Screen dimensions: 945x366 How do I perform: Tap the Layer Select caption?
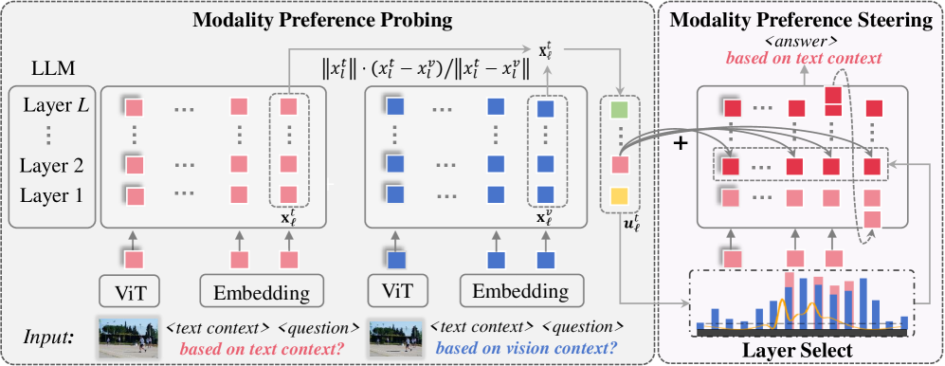tap(801, 350)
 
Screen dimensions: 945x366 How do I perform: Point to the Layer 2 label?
tap(52, 165)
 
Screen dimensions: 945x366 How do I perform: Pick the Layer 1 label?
tap(52, 195)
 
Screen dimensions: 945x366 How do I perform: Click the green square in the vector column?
tap(620, 110)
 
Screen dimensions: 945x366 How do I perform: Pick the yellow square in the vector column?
tap(620, 196)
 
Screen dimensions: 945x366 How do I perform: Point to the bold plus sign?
tap(681, 145)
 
